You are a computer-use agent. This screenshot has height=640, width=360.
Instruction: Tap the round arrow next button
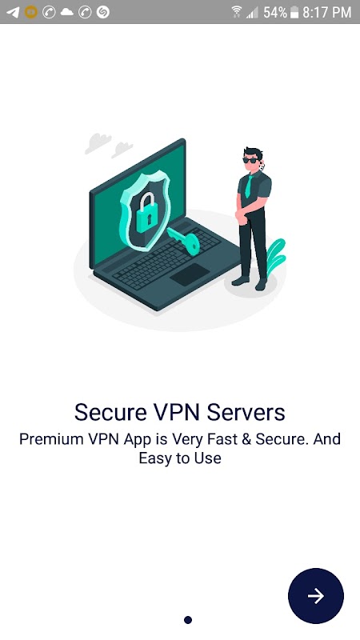pos(315,595)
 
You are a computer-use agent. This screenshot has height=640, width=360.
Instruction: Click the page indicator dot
pos(188,620)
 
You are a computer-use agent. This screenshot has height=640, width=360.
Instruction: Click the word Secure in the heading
pos(110,412)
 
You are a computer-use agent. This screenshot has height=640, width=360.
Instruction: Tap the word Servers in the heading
pos(246,412)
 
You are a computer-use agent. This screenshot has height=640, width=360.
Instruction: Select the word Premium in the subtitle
pos(51,439)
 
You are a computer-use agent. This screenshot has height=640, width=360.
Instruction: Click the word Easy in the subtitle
pos(154,458)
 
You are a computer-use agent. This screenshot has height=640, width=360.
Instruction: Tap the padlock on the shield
pos(147,211)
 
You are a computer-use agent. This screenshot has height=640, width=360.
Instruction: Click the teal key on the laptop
pos(184,241)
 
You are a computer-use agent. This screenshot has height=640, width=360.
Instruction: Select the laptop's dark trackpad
pos(190,274)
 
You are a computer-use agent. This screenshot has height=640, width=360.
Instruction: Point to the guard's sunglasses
pos(250,161)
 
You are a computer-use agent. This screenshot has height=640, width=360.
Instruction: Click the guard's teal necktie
pos(248,186)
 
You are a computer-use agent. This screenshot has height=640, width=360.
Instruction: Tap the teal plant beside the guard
pos(276,254)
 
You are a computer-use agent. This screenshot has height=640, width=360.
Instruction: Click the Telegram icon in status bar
pos(13,12)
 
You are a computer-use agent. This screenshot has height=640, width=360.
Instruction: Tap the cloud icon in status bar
pos(66,12)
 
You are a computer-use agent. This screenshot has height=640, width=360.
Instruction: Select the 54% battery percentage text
pos(275,12)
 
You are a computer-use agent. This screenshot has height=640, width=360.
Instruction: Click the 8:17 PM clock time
pos(326,12)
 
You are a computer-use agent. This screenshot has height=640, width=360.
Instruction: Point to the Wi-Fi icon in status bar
pos(237,12)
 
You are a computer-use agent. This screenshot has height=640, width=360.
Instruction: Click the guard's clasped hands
pos(242,218)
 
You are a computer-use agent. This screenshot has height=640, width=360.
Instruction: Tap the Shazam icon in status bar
pos(103,12)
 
